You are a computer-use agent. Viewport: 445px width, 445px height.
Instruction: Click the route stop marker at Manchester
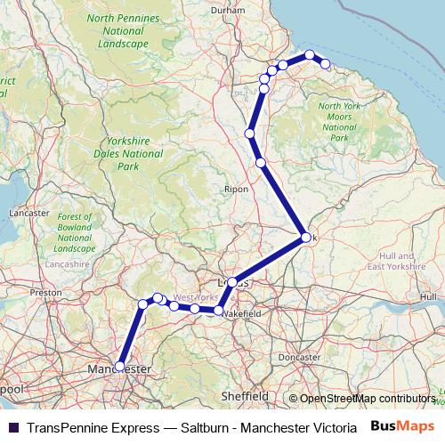click(x=119, y=366)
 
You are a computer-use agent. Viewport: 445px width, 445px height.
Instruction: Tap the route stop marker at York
click(x=304, y=238)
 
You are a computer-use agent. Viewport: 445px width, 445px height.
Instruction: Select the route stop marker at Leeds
click(x=232, y=282)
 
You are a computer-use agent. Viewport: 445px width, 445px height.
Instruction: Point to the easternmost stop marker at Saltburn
click(x=326, y=64)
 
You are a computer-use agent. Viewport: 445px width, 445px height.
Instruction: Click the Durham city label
click(x=228, y=10)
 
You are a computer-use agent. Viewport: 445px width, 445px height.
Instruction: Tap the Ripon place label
click(x=237, y=189)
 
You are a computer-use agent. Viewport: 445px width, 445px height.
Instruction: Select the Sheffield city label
click(x=245, y=395)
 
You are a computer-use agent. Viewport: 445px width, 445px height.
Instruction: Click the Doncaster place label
click(x=299, y=357)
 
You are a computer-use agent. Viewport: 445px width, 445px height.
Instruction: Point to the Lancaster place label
click(x=29, y=213)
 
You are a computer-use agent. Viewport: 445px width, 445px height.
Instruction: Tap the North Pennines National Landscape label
click(x=124, y=30)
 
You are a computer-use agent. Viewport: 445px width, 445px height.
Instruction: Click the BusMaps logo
click(x=403, y=426)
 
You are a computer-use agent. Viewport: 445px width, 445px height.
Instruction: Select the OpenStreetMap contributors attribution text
click(x=368, y=399)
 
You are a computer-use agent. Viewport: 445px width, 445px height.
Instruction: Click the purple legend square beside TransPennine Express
click(x=13, y=427)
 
